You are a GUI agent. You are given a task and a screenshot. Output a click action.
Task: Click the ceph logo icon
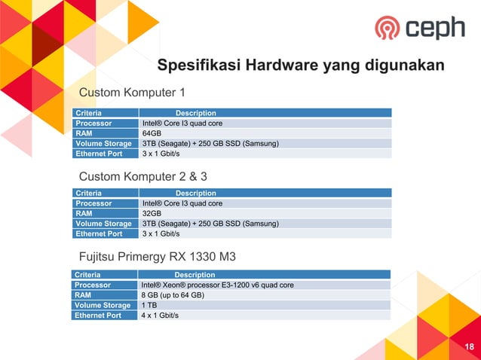pyautogui.click(x=388, y=28)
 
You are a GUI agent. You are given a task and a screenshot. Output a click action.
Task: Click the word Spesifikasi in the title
pyautogui.click(x=198, y=66)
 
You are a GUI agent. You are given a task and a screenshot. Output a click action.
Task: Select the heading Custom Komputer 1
pyautogui.click(x=132, y=93)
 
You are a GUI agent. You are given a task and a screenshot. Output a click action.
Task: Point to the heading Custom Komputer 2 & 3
pyautogui.click(x=142, y=176)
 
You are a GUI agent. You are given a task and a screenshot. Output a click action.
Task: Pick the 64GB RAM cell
pyautogui.click(x=152, y=133)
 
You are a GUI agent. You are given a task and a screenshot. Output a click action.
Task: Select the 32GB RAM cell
pyautogui.click(x=152, y=213)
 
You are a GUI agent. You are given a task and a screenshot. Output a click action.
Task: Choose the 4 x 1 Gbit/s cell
pyautogui.click(x=160, y=316)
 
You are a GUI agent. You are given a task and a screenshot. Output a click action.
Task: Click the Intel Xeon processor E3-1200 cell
pyautogui.click(x=217, y=285)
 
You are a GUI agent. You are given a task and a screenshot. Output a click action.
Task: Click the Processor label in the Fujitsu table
pyautogui.click(x=93, y=285)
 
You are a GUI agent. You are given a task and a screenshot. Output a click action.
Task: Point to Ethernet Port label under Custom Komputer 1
pyautogui.click(x=98, y=154)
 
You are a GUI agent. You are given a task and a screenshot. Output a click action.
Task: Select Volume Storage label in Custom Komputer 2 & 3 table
pyautogui.click(x=103, y=224)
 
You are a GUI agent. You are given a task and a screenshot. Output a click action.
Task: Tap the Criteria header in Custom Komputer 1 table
pyautogui.click(x=88, y=113)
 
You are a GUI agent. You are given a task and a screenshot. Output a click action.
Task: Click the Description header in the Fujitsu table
pyautogui.click(x=195, y=275)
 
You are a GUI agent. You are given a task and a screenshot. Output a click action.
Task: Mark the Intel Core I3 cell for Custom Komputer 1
pyautogui.click(x=182, y=123)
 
